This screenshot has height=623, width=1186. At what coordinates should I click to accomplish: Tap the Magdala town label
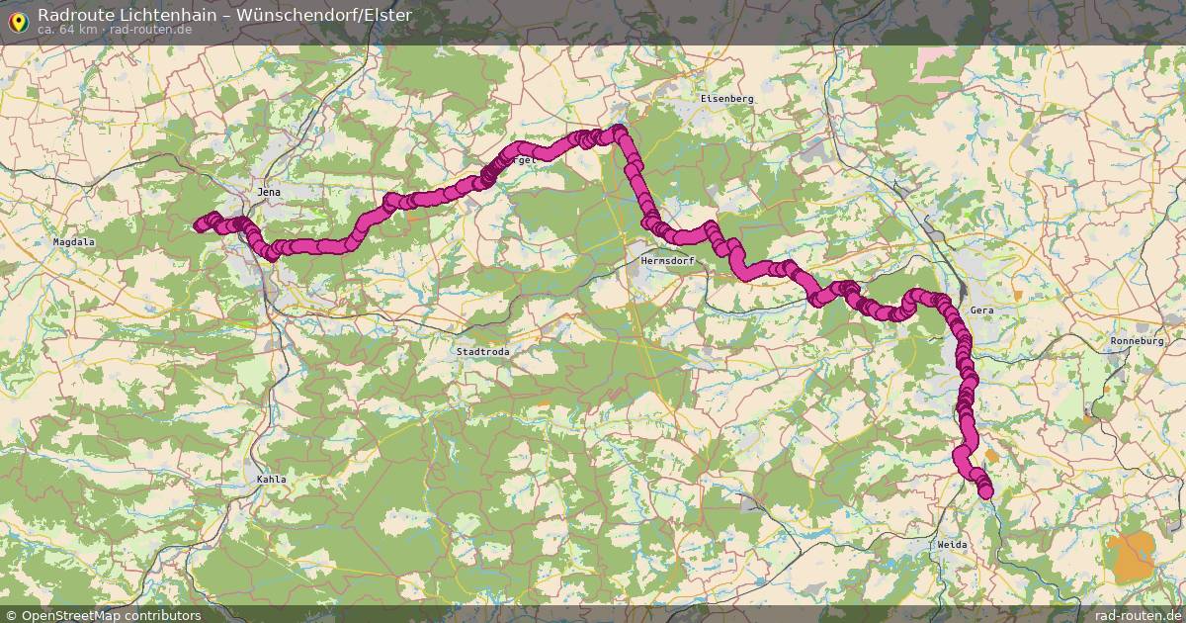point(74,241)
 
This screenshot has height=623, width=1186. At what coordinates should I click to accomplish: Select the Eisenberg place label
point(726,99)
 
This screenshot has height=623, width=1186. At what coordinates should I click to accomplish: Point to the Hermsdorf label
point(668,261)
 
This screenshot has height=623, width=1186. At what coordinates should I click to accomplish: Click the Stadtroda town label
point(483,351)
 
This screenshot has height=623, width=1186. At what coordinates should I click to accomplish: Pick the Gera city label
point(981,311)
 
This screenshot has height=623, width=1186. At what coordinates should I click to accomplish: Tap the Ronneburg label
point(1140,341)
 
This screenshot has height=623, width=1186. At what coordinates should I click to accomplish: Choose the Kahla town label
point(271,480)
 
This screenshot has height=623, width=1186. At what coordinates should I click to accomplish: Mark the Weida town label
point(953,545)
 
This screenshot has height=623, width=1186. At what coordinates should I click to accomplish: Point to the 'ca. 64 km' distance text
point(67,30)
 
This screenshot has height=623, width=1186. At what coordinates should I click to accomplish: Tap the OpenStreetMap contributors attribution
point(111,615)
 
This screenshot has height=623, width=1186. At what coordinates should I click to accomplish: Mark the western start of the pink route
point(199,225)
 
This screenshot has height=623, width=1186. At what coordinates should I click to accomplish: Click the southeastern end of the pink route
point(985,491)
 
